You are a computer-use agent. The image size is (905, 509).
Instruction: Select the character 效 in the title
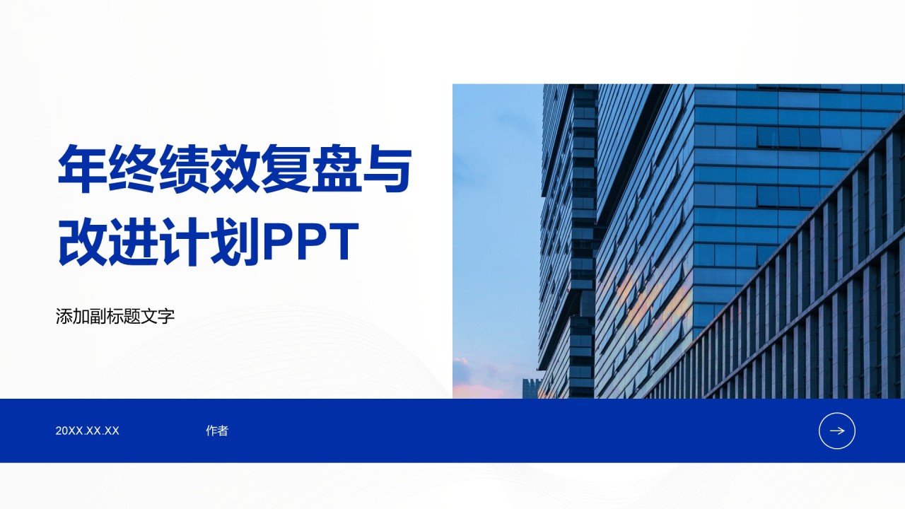pos(234,169)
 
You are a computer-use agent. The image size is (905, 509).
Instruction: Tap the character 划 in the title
pos(234,242)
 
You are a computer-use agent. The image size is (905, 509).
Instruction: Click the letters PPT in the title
pos(310,242)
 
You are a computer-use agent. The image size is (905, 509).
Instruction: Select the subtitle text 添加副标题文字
pos(115,316)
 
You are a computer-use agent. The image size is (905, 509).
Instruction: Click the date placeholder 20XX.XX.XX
pos(88,431)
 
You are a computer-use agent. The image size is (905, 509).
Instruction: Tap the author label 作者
pos(217,431)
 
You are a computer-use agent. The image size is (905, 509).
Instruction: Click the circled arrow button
pos(837,431)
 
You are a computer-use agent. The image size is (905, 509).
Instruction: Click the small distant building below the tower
pos(530,388)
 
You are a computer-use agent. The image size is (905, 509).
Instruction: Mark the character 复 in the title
pos(285,169)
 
